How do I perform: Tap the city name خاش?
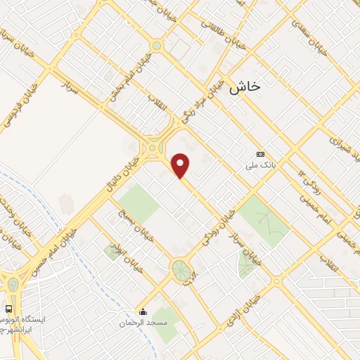(245, 86)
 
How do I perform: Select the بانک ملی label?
(259, 165)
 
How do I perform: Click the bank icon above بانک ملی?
(260, 154)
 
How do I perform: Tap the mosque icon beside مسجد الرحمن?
(143, 312)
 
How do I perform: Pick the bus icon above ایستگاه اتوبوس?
(8, 308)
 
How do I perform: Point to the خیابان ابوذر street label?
(129, 257)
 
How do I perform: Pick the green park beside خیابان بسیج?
(138, 204)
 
